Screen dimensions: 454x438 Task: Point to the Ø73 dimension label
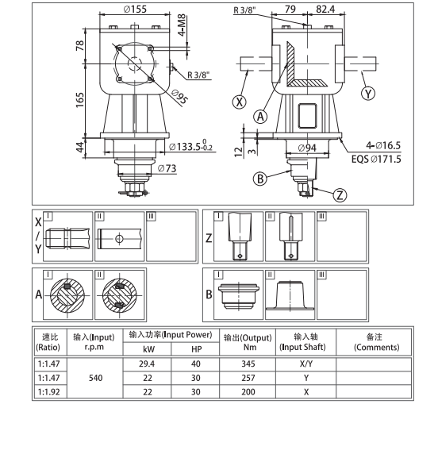pyautogui.click(x=167, y=168)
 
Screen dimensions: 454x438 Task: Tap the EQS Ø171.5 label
pyautogui.click(x=376, y=159)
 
